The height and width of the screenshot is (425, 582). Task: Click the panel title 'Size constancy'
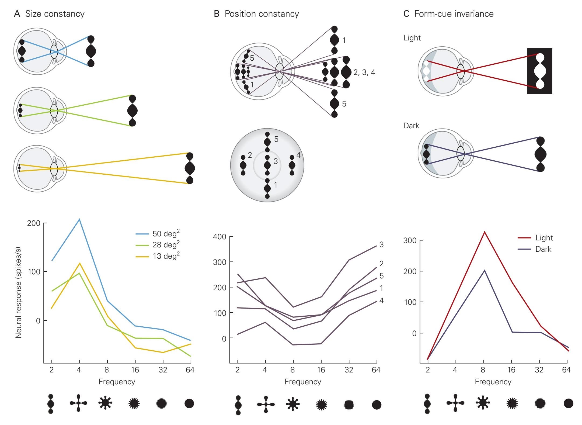(55, 14)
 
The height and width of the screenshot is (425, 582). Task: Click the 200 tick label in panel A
(34, 223)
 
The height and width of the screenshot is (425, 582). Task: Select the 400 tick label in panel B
(219, 237)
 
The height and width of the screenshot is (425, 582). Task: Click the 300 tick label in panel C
(410, 240)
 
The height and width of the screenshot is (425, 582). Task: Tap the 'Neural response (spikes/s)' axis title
(18, 292)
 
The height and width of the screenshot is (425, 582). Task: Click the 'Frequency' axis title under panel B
(303, 382)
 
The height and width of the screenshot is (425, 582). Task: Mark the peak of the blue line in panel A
(79, 219)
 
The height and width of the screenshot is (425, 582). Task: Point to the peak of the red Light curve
(485, 232)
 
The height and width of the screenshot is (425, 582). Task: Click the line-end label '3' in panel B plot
(381, 244)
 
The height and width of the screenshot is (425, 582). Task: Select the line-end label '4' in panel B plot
(381, 300)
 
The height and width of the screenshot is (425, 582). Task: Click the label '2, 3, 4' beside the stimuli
(364, 72)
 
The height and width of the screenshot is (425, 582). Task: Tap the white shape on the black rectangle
(540, 71)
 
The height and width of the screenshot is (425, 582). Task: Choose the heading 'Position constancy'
(262, 14)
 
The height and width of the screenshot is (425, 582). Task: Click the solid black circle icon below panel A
(189, 403)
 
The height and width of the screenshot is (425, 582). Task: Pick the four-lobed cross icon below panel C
(455, 403)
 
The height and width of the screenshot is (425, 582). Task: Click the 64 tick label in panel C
(566, 370)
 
